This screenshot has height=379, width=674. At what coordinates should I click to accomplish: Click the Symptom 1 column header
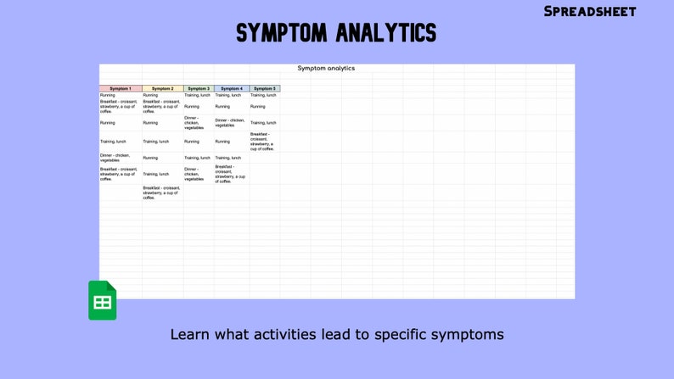(121, 88)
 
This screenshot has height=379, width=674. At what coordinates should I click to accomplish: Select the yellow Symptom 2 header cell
(162, 88)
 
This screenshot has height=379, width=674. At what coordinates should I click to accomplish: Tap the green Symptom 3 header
(199, 88)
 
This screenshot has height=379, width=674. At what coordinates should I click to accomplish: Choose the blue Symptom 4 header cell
(231, 88)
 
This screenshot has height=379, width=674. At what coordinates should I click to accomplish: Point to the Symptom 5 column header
(264, 88)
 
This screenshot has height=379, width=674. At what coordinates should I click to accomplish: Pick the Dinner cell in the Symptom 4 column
(230, 123)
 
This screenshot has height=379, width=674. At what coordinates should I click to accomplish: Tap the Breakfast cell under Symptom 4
(230, 174)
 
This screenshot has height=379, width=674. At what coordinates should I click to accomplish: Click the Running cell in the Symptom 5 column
(258, 107)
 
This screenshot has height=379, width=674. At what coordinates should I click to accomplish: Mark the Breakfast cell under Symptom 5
(262, 142)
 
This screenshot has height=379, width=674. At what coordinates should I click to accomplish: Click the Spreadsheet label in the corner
(590, 11)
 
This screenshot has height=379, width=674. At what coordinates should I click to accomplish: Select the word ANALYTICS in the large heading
(386, 33)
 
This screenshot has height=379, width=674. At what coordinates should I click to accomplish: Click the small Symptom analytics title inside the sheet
(326, 69)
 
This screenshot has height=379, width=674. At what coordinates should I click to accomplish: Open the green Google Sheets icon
(102, 300)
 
